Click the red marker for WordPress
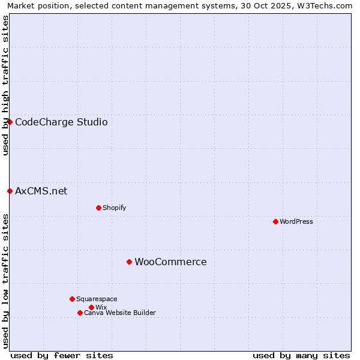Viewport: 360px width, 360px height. (275, 221)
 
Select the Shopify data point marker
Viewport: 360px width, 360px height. (98, 208)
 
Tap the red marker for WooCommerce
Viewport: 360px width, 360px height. (129, 262)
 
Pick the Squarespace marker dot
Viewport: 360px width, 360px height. (72, 299)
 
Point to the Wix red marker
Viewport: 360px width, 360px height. (91, 307)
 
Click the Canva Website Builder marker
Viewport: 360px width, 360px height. (80, 313)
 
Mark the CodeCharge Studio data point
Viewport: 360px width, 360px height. (10, 122)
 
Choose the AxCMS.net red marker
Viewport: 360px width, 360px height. (10, 191)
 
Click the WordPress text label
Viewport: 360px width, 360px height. (296, 221)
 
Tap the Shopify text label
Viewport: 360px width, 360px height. (114, 208)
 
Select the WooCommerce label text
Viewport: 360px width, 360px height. (170, 262)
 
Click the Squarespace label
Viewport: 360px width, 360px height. (97, 299)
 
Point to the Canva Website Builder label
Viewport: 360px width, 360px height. (119, 313)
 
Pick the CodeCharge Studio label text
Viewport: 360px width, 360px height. (61, 122)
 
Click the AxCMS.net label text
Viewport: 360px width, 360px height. (41, 191)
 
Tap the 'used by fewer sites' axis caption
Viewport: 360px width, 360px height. (62, 355)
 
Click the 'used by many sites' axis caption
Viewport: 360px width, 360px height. (301, 355)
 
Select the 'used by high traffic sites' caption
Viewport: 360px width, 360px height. (5, 85)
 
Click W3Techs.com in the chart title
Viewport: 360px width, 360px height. (327, 5)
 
